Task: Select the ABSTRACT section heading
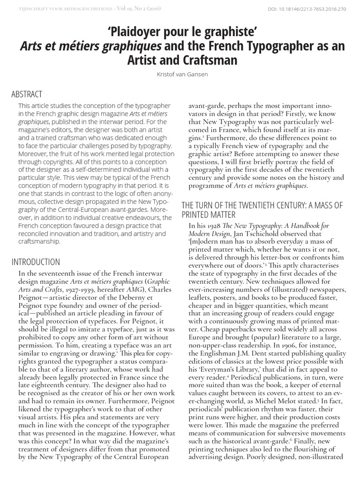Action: click(27, 94)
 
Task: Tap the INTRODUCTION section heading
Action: click(36, 262)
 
